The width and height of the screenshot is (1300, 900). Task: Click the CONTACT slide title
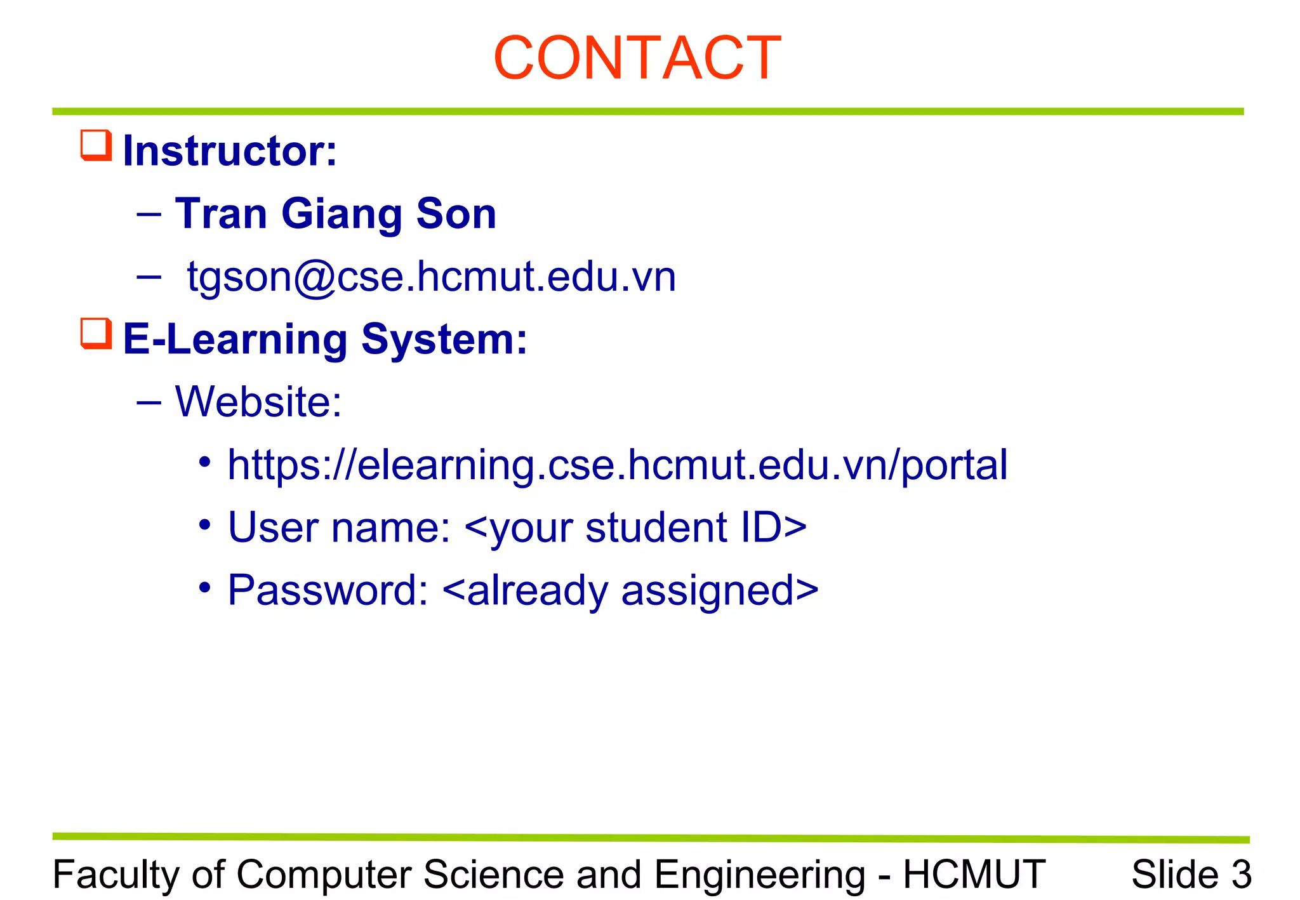(x=637, y=58)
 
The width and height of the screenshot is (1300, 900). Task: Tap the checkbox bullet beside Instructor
(x=96, y=145)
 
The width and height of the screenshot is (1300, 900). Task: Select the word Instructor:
(x=230, y=151)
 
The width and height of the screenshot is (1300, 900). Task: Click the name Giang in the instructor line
(x=342, y=214)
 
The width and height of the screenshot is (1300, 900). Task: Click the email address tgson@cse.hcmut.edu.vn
(x=432, y=277)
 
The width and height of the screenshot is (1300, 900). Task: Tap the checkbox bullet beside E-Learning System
(x=96, y=334)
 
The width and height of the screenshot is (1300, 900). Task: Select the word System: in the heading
(x=444, y=340)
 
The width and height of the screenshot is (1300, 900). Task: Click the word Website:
(x=258, y=402)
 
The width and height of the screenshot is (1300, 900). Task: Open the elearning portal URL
(x=617, y=465)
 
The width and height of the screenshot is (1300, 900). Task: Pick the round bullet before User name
(x=204, y=525)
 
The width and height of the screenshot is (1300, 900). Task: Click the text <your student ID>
(x=635, y=527)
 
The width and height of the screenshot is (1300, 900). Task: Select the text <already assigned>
(x=630, y=590)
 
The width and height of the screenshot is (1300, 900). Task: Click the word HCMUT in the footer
(x=974, y=875)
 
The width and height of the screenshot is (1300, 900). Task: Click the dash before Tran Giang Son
(x=149, y=215)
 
